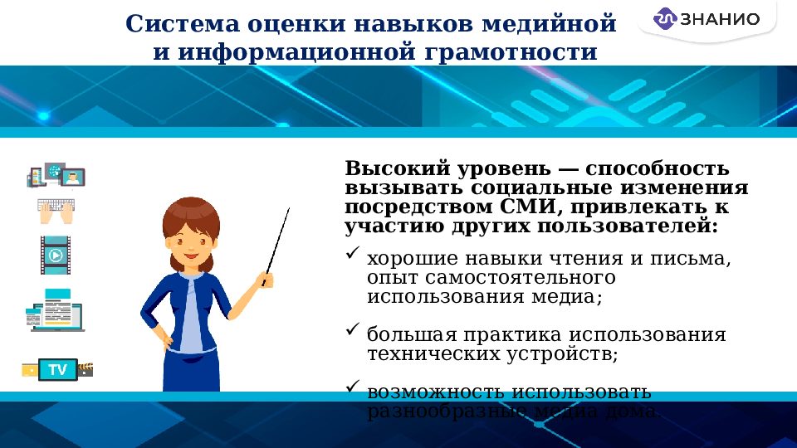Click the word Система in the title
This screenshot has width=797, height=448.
click(183, 24)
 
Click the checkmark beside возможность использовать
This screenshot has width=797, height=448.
click(352, 387)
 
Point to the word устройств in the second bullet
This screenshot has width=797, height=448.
click(565, 354)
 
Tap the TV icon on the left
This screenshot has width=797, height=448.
click(57, 369)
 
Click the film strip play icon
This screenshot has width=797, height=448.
click(56, 256)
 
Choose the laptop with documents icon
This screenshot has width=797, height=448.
click(55, 311)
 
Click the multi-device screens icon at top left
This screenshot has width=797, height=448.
click(56, 175)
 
